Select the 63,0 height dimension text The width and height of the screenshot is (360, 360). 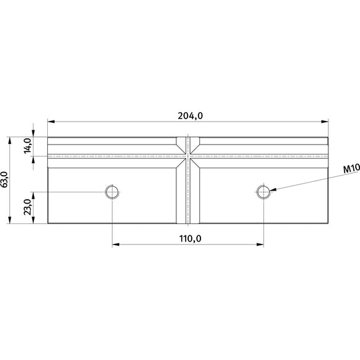(5, 180)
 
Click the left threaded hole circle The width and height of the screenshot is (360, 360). (112, 192)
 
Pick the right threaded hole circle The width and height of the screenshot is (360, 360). (264, 192)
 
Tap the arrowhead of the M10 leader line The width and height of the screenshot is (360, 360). (272, 190)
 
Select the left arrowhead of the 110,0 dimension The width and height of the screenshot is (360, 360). (115, 245)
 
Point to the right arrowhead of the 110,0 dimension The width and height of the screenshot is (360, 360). (261, 245)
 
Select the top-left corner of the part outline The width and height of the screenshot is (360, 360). (48, 137)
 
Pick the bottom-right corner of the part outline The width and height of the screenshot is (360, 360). (327, 223)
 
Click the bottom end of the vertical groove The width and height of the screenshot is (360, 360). (187, 223)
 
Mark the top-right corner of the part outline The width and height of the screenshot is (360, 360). (327, 137)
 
